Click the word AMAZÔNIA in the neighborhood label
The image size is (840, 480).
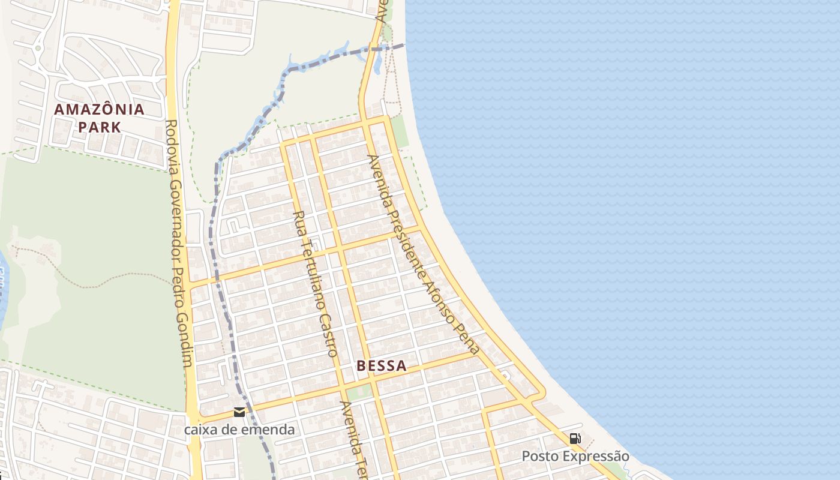point(99,110)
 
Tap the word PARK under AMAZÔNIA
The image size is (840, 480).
point(99,127)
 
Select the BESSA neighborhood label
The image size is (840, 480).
point(382,365)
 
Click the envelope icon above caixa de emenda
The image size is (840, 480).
point(239,412)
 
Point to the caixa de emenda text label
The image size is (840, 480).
point(239,430)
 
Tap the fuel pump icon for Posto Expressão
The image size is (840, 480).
point(575,439)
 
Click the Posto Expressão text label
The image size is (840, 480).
point(575,456)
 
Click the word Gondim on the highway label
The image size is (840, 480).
point(187,346)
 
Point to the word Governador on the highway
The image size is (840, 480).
point(175,201)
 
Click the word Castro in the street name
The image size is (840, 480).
point(329,335)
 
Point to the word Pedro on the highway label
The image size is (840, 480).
point(181,282)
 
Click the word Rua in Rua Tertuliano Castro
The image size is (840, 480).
point(298,220)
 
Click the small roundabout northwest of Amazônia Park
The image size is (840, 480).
point(38,48)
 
